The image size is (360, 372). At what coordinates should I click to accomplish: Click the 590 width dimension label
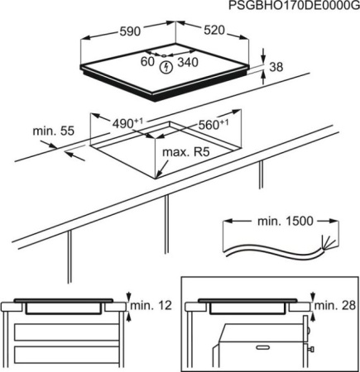tap(130, 31)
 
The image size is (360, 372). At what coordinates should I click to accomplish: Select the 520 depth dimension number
tap(214, 30)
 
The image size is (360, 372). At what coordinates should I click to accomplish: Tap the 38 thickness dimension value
tap(276, 67)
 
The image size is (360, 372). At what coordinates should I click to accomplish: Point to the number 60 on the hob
tap(147, 62)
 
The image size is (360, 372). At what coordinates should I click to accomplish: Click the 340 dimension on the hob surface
tap(188, 62)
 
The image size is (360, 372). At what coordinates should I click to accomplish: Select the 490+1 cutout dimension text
tap(127, 123)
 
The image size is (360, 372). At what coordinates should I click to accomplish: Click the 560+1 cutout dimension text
tap(214, 125)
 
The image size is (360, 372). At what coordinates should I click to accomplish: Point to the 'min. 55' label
tap(54, 131)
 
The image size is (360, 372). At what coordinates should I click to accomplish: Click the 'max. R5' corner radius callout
tap(186, 152)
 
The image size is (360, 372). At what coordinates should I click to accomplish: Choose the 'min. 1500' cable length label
tap(286, 221)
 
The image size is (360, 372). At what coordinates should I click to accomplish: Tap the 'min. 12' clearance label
tap(151, 305)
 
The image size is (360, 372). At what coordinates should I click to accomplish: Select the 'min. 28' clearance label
tap(335, 305)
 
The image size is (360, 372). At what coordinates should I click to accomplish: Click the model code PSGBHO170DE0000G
tap(294, 6)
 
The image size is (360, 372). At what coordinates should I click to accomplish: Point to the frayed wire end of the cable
tap(329, 242)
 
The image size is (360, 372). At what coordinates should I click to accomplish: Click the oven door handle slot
tap(263, 346)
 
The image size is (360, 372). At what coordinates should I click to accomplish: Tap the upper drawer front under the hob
tap(66, 332)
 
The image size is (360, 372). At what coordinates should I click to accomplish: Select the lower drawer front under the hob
tap(66, 355)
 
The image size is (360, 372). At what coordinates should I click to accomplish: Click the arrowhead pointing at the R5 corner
tap(160, 173)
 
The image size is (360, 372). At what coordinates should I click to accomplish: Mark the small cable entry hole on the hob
tap(165, 55)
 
